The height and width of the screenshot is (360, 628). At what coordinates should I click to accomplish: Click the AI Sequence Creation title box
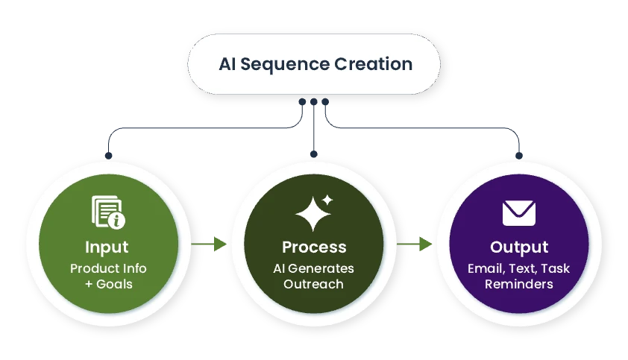click(314, 63)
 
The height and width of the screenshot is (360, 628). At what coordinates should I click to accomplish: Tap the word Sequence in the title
click(289, 64)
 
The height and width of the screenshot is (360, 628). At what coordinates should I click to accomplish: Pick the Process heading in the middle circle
click(314, 247)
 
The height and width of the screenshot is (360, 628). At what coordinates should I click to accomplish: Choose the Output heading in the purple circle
click(519, 247)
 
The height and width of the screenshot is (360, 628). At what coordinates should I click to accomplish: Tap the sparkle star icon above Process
click(314, 213)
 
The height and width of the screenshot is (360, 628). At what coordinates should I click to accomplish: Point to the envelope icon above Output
click(519, 213)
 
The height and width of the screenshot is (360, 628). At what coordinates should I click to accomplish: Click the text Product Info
click(108, 268)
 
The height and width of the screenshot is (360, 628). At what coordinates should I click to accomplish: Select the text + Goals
click(108, 284)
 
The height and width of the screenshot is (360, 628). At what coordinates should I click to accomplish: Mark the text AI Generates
click(314, 268)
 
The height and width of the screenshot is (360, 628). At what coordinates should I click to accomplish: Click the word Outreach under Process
click(314, 284)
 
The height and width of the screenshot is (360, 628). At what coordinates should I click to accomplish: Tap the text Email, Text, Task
click(519, 268)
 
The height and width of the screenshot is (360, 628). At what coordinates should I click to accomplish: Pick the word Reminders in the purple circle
click(519, 284)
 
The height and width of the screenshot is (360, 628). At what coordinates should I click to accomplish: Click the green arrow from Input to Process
click(210, 244)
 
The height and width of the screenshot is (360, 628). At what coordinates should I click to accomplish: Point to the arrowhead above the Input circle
click(108, 154)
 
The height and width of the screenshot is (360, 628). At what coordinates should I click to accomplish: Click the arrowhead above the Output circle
click(519, 154)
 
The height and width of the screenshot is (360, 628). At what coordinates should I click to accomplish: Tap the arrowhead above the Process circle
click(314, 153)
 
